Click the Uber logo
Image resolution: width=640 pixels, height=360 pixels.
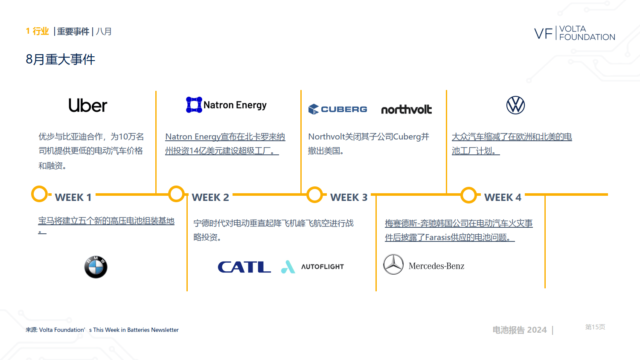click(88, 105)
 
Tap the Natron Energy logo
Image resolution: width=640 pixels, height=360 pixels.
click(226, 105)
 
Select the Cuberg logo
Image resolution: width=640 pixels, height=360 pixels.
click(338, 109)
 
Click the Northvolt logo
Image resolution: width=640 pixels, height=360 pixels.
click(406, 109)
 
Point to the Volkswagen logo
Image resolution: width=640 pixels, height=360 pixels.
click(515, 105)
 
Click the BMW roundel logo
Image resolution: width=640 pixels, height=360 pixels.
click(96, 267)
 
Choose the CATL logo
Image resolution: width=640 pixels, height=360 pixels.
click(244, 267)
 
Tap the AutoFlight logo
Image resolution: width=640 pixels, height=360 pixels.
click(313, 267)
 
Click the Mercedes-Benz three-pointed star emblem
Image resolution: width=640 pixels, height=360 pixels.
click(393, 264)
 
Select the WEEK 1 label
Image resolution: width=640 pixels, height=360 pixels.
click(73, 197)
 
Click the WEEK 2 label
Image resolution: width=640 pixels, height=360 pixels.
click(210, 197)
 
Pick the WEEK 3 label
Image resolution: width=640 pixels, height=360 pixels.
click(349, 197)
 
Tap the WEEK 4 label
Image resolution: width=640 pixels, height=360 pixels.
click(503, 197)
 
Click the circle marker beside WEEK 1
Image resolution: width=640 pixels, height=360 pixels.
click(32, 194)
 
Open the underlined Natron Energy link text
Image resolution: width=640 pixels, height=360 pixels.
click(225, 144)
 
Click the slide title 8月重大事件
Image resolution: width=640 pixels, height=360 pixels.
click(60, 59)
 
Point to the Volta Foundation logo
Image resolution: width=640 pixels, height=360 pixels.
click(575, 33)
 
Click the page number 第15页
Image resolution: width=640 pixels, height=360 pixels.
click(595, 327)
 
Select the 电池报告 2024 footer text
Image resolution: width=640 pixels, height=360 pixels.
click(519, 330)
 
